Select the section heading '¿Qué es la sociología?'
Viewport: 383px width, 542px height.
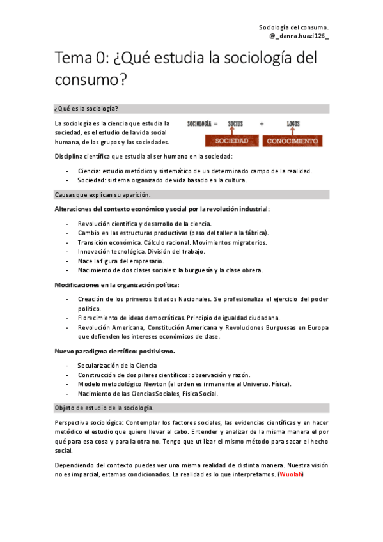point(86,109)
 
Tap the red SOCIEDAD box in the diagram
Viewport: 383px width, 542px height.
point(223,141)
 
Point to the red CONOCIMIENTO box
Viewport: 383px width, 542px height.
point(292,141)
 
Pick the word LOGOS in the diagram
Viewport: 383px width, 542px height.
point(293,123)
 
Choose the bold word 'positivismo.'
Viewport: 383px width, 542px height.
point(157,352)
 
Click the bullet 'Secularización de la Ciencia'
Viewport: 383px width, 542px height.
point(118,366)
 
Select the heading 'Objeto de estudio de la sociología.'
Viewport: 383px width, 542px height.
point(104,408)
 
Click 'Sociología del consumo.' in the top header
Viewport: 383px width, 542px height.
point(293,27)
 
